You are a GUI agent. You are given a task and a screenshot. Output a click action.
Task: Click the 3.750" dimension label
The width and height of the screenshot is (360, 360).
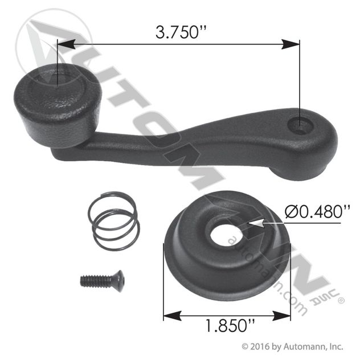tap(181, 32)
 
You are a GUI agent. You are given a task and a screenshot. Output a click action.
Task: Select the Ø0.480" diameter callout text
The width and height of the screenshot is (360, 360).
tap(317, 211)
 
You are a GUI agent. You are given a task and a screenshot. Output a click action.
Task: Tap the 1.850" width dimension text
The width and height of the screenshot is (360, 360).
tap(230, 326)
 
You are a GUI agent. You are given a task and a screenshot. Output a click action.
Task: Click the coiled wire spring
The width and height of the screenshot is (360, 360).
tap(114, 221)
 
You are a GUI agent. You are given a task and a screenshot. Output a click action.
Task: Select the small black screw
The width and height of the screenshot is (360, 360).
tap(103, 281)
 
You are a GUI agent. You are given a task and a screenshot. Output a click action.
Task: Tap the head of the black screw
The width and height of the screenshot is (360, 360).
tap(120, 281)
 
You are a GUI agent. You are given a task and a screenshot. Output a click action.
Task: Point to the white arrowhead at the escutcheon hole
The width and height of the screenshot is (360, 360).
tap(256, 223)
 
